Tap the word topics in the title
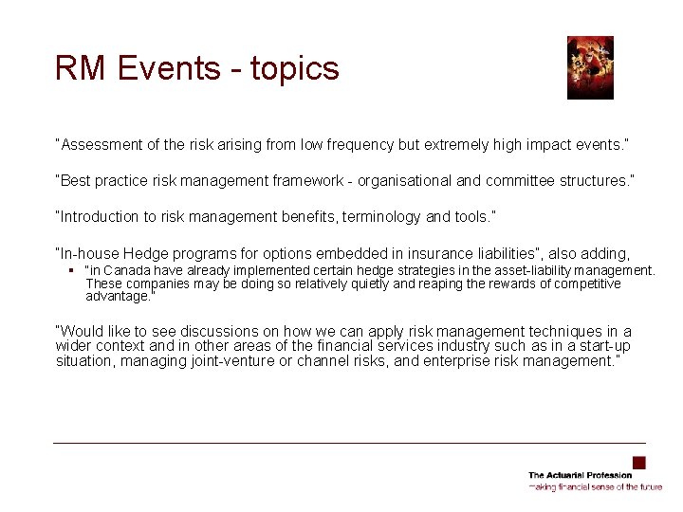click(x=294, y=68)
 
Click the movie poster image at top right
click(x=590, y=67)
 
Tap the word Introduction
click(x=100, y=216)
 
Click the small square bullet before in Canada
click(x=71, y=270)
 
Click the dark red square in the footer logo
click(x=638, y=463)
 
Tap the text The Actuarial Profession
click(x=580, y=475)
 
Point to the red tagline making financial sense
click(x=595, y=486)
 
